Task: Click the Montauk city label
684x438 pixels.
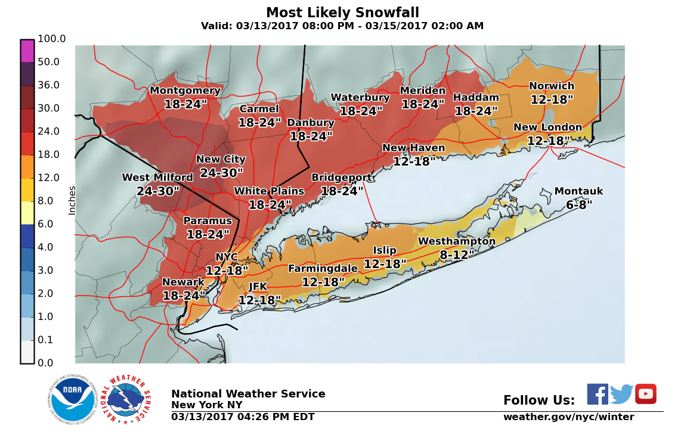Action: click(x=578, y=191)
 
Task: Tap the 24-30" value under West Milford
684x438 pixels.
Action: click(x=158, y=191)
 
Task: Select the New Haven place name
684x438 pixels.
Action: click(x=413, y=148)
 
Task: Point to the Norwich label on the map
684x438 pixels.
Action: click(x=551, y=86)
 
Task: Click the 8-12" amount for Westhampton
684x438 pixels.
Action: click(x=457, y=254)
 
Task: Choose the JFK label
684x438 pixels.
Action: click(x=258, y=287)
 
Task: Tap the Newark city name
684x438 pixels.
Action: click(x=183, y=282)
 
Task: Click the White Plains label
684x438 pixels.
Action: click(x=269, y=191)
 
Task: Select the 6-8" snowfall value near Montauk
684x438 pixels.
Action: click(x=578, y=205)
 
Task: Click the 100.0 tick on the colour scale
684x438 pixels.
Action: click(x=51, y=39)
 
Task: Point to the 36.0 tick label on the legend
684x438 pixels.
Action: click(x=49, y=85)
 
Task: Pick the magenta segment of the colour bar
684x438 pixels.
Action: click(x=27, y=51)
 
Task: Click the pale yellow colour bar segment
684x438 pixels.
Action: click(x=27, y=213)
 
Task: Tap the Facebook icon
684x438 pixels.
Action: click(x=598, y=394)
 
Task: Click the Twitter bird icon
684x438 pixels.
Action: click(x=621, y=394)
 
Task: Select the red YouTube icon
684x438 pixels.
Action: click(x=645, y=394)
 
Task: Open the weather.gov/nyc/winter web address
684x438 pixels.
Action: click(x=568, y=417)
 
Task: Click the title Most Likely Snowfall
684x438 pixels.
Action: click(x=342, y=13)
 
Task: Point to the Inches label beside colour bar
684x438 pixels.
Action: click(x=72, y=200)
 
